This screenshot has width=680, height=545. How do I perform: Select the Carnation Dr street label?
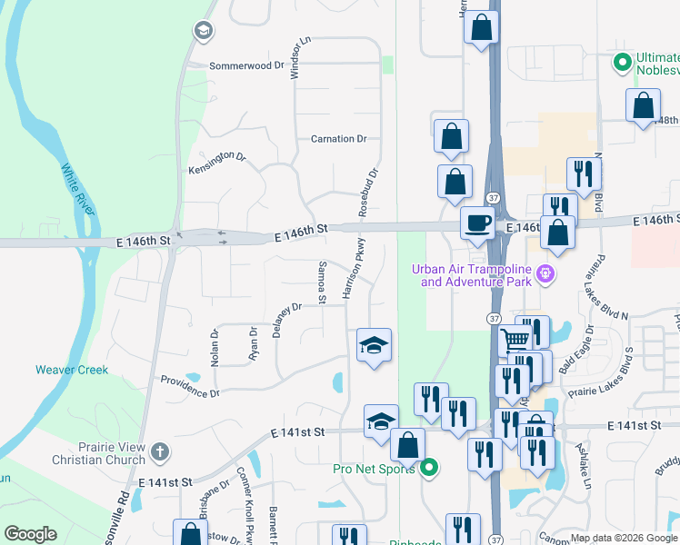[338, 140]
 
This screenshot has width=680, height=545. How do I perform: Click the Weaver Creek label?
[72, 370]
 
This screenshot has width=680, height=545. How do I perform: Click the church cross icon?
[160, 451]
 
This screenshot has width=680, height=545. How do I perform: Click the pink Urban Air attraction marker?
[545, 272]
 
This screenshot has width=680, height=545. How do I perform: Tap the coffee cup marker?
[477, 223]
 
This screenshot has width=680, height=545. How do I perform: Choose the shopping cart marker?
[515, 340]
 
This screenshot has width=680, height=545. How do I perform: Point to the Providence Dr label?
[191, 388]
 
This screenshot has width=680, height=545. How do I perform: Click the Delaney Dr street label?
[286, 320]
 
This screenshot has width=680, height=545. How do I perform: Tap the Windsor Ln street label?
[295, 58]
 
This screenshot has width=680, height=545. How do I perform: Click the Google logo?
[30, 534]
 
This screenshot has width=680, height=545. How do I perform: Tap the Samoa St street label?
[321, 282]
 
